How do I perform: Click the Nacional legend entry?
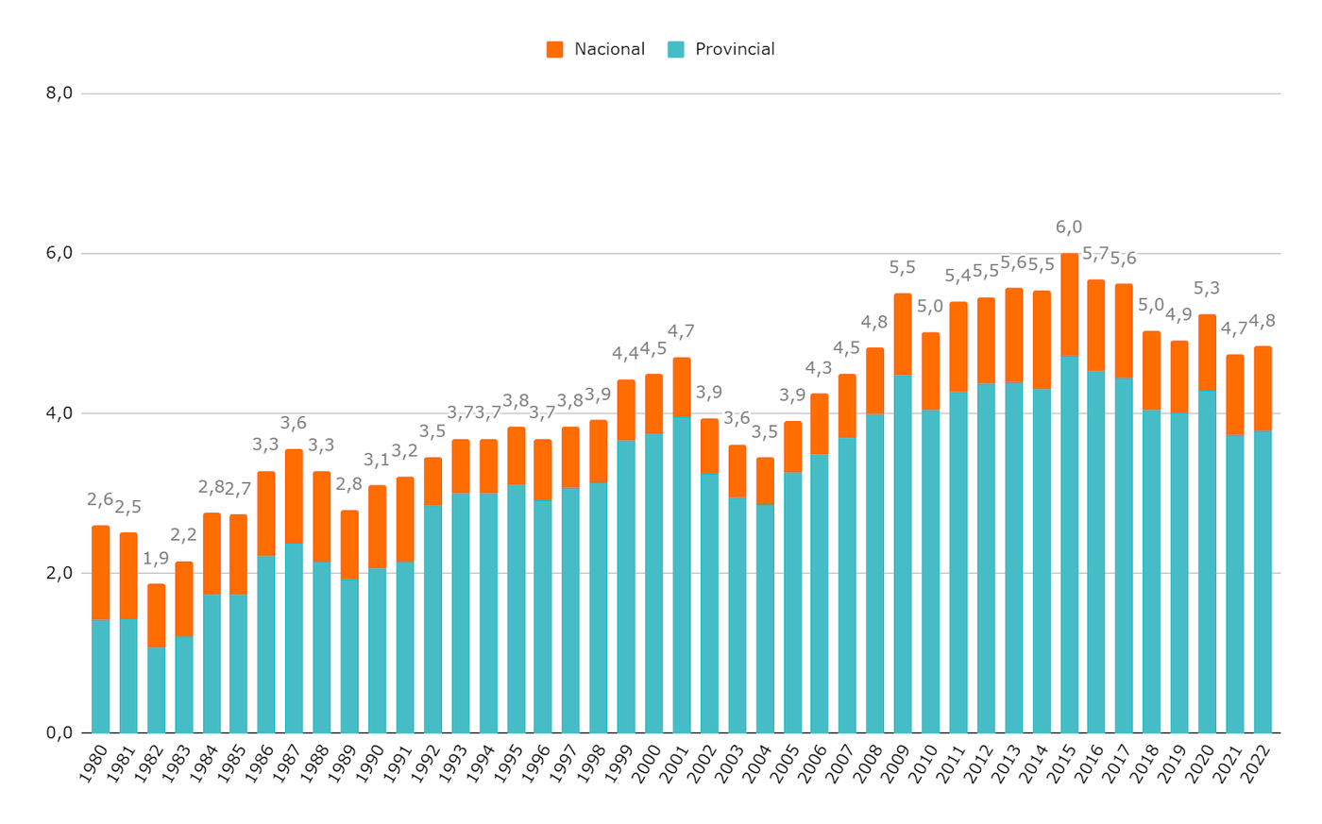(596, 49)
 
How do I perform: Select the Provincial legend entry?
(721, 49)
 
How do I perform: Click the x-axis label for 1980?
(94, 763)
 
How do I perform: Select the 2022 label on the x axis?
(1257, 763)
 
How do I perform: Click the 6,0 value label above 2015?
(1069, 227)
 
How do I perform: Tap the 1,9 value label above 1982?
(156, 559)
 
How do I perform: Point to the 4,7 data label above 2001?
(681, 331)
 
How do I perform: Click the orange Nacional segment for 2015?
(1069, 304)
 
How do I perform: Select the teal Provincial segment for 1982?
(156, 689)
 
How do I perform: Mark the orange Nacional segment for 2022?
(1263, 388)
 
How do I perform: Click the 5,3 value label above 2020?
(1207, 289)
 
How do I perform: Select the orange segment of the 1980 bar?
(100, 572)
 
